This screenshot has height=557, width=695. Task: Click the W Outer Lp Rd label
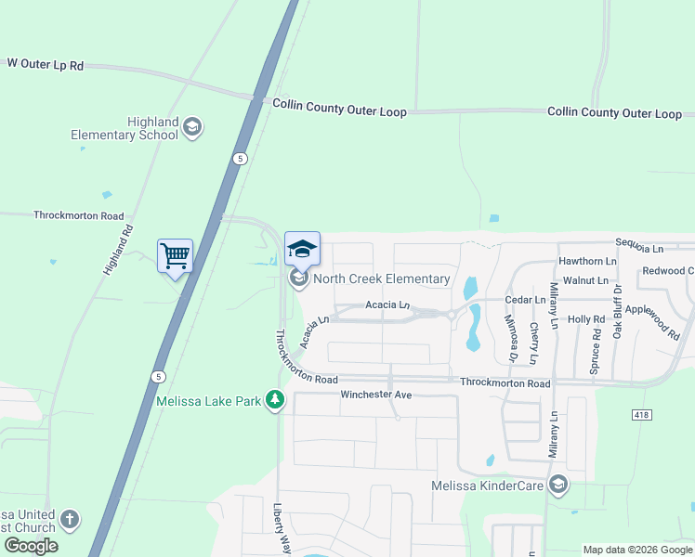coord(45,64)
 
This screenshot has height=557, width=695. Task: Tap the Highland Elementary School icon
coord(192,127)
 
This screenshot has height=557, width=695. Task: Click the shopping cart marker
coord(176,255)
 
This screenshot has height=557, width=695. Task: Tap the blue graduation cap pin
coord(302,248)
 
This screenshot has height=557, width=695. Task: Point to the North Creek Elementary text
coord(381,278)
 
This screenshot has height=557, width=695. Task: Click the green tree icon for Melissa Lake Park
coord(275,399)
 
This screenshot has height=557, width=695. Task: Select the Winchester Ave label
coord(375,395)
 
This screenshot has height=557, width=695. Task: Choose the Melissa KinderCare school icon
coord(557,485)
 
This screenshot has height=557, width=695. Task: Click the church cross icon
coord(71,519)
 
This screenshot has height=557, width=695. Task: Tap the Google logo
coord(31,546)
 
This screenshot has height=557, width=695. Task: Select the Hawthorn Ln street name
coord(587,262)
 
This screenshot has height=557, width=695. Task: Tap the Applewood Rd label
coord(652,316)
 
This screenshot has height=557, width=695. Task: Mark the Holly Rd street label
coord(586,319)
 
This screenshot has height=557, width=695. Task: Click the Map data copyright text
coord(637,550)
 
